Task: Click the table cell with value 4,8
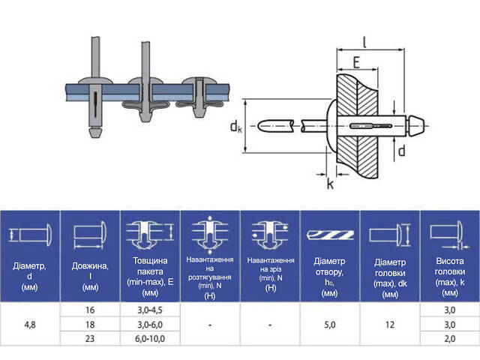pos(30,325)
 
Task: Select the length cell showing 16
pos(90,310)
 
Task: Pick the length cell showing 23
pos(90,338)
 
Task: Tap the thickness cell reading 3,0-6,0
pos(150,325)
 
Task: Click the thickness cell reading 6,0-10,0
pos(150,338)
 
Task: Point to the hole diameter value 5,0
pos(330,325)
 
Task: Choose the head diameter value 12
pos(390,325)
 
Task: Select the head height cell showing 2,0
pos(450,338)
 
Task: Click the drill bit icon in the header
pos(330,235)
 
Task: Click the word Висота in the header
pos(450,261)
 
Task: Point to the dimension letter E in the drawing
pos(356,62)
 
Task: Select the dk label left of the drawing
pos(235,126)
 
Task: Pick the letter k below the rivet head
pos(330,184)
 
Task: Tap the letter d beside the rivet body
pos(401,151)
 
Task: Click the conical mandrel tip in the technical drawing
pos(416,126)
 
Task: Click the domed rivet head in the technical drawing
pos(331,126)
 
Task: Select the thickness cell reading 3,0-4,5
pos(150,310)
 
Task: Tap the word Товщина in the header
pos(150,261)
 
